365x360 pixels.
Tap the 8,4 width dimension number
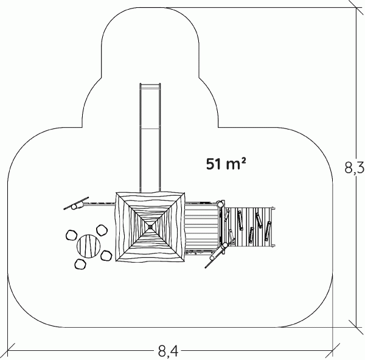click(168, 351)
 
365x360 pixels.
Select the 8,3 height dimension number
click(354, 168)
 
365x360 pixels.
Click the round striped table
click(88, 246)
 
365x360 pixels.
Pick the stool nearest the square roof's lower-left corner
click(106, 255)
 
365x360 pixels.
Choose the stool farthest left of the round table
click(71, 235)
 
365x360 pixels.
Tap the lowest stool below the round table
click(80, 264)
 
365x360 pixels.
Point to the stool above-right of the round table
click(102, 230)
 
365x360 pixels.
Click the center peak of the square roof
click(150, 227)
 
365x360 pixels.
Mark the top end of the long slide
click(150, 84)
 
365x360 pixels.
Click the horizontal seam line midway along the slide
click(150, 128)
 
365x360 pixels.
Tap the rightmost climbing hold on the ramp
click(268, 231)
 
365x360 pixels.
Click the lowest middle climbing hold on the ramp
click(251, 235)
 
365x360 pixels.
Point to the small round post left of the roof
click(74, 206)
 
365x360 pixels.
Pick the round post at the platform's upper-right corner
click(220, 204)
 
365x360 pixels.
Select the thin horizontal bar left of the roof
click(99, 204)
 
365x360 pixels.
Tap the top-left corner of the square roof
click(116, 193)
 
